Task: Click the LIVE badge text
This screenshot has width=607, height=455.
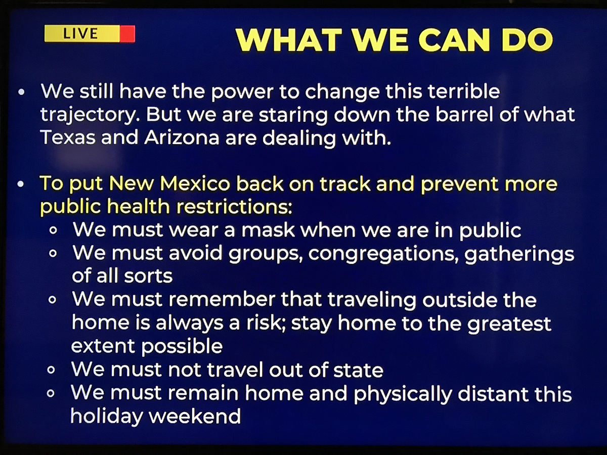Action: tap(80, 33)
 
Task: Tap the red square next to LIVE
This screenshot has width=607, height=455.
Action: tap(127, 34)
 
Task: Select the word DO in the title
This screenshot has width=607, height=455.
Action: tap(527, 40)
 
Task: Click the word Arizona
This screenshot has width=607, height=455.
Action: tap(182, 137)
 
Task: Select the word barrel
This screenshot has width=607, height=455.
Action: tap(464, 114)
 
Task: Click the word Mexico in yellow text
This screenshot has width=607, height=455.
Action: tap(195, 184)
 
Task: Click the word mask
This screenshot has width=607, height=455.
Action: tap(268, 230)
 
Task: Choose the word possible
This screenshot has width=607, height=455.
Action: tap(182, 347)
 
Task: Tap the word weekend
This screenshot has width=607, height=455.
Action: tap(195, 416)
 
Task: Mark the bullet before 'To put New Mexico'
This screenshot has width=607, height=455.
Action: tap(21, 184)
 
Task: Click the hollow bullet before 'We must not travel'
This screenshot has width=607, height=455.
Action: tap(51, 370)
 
